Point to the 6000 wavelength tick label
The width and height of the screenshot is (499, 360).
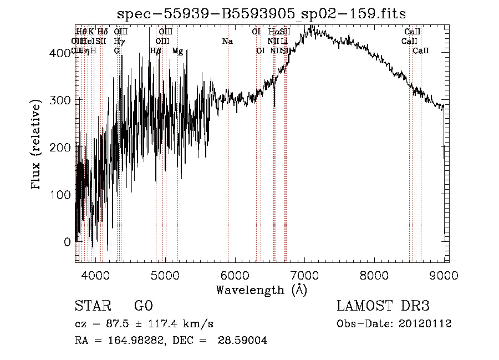[235, 275]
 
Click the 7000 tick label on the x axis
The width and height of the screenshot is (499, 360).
[305, 275]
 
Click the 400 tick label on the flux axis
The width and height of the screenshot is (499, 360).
[59, 53]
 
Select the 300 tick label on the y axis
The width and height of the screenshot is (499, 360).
[59, 100]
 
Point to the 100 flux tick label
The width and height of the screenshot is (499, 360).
[59, 195]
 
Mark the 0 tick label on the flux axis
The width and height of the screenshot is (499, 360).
[67, 242]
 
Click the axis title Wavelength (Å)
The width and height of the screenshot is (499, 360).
[261, 290]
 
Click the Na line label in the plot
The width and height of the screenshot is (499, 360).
[227, 41]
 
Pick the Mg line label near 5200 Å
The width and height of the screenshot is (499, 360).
[177, 51]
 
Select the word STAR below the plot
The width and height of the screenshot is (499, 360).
[92, 306]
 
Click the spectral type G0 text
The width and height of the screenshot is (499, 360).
[143, 306]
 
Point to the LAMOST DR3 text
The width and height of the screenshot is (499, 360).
[383, 306]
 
